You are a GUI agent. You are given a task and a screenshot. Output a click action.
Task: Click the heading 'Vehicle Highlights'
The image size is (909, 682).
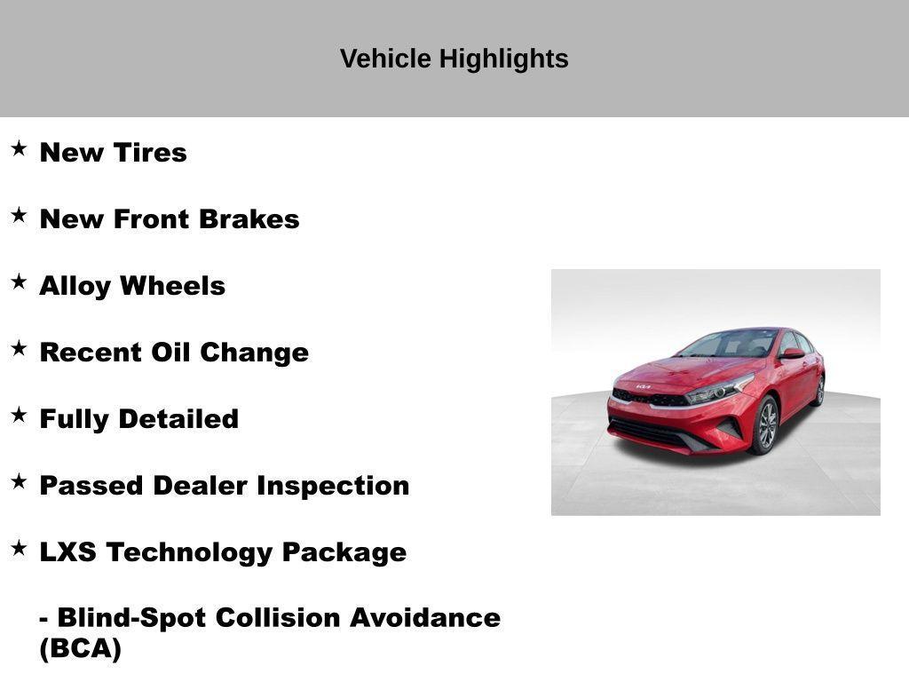(454, 59)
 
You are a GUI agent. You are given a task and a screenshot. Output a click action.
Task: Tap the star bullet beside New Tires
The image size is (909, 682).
(19, 148)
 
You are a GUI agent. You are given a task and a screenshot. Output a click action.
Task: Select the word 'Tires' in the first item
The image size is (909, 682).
(150, 153)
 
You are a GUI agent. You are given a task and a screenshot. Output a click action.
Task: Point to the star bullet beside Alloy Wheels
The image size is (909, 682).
(19, 282)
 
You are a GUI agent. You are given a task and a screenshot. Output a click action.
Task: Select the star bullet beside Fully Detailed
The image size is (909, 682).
(19, 415)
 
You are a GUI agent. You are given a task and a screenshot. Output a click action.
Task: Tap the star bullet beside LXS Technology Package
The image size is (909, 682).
(19, 548)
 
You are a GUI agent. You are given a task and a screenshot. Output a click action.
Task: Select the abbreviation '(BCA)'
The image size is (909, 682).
(80, 649)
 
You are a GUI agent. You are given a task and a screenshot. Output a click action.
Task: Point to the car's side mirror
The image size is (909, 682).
(792, 353)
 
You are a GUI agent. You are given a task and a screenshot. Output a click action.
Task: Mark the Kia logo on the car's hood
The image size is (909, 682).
(644, 386)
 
